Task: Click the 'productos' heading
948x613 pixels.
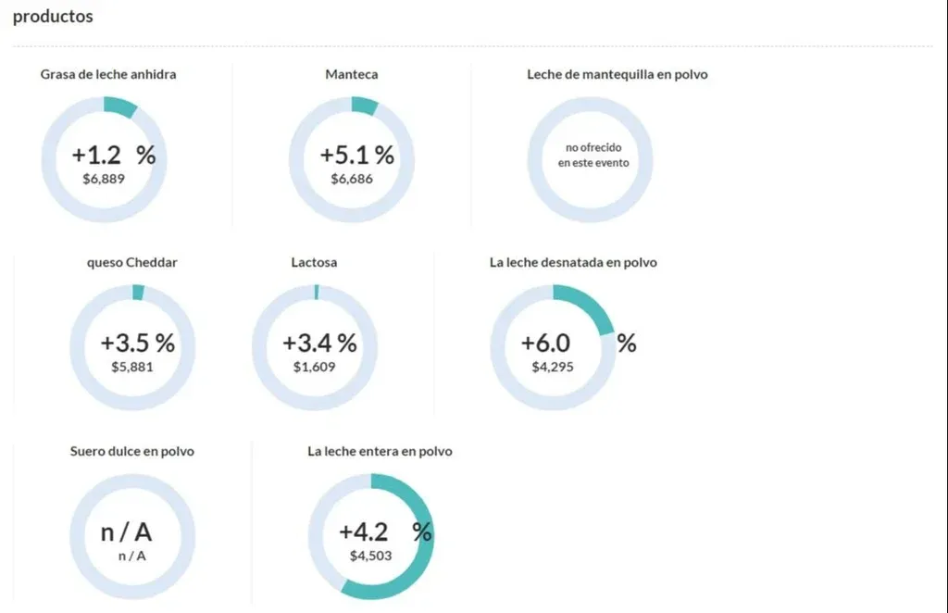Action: (x=53, y=17)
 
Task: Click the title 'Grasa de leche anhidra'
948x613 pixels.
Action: (x=108, y=74)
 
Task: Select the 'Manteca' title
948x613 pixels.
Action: (x=352, y=74)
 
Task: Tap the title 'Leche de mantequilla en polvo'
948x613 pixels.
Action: (x=617, y=74)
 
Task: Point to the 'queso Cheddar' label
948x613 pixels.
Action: (x=132, y=262)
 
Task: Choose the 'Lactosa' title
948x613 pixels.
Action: (x=314, y=262)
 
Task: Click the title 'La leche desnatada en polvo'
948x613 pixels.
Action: (x=573, y=262)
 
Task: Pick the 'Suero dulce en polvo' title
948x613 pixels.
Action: (x=132, y=451)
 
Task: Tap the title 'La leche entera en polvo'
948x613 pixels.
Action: (x=380, y=451)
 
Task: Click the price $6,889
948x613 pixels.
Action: (x=104, y=178)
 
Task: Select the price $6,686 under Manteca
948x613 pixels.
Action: (x=352, y=178)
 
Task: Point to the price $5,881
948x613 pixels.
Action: (x=132, y=367)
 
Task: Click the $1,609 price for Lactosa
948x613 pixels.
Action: (x=314, y=367)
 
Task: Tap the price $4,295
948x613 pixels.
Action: (x=553, y=367)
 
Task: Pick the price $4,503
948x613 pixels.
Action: (x=370, y=556)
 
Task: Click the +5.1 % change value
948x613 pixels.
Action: (x=356, y=156)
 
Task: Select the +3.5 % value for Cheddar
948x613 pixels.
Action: (x=137, y=344)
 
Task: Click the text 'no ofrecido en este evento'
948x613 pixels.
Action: (x=592, y=155)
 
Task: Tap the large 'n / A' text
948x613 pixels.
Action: (x=126, y=532)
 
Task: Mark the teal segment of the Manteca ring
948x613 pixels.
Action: (x=365, y=106)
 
